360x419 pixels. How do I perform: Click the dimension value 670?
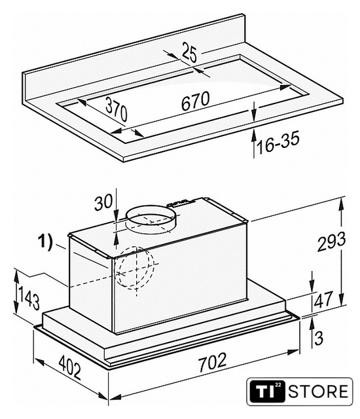pyautogui.click(x=195, y=100)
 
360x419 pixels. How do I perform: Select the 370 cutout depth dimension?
pyautogui.click(x=117, y=109)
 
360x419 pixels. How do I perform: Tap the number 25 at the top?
pyautogui.click(x=189, y=54)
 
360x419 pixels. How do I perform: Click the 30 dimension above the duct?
pyautogui.click(x=103, y=202)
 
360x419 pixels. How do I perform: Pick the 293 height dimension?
pyautogui.click(x=331, y=242)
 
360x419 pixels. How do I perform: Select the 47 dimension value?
pyautogui.click(x=323, y=299)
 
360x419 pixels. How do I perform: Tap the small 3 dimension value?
pyautogui.click(x=319, y=338)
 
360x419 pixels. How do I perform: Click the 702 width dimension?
pyautogui.click(x=213, y=362)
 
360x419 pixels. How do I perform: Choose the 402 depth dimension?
pyautogui.click(x=69, y=367)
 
